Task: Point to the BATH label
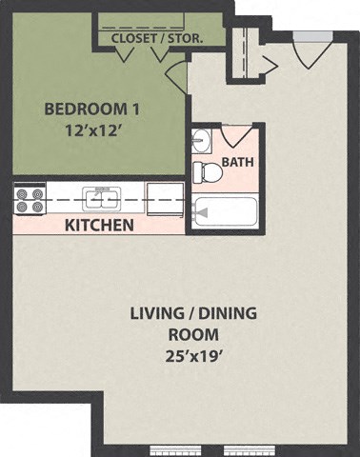[236, 162]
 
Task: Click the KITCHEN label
[98, 226]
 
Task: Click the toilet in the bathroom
[202, 171]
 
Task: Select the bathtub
[227, 209]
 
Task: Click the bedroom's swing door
[176, 74]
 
